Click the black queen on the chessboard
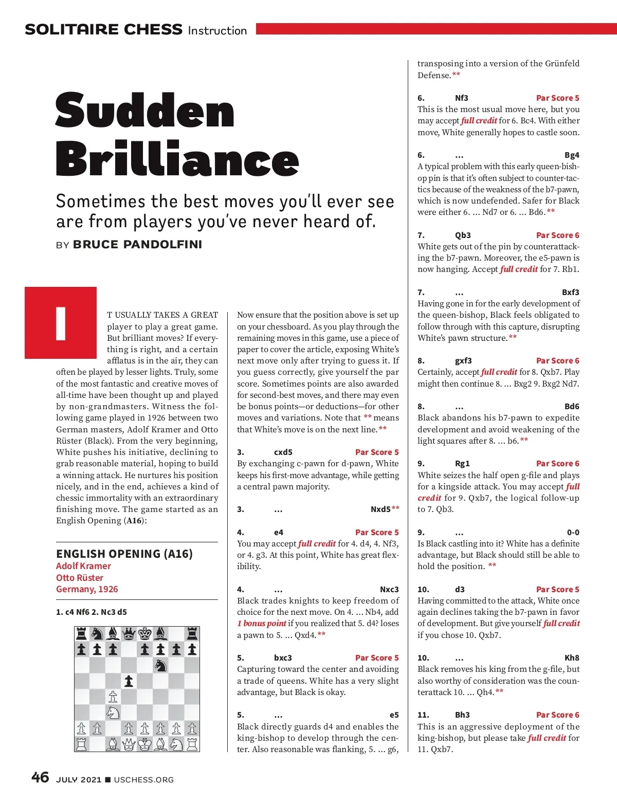point(129,633)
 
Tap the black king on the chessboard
point(144,633)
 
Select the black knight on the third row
point(160,665)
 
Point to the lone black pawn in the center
point(129,681)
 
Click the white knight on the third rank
point(113,712)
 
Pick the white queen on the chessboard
point(129,744)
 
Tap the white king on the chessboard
point(144,744)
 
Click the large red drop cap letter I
point(61,323)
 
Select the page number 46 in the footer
point(40,777)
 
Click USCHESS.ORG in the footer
point(144,779)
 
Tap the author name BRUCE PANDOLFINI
point(137,244)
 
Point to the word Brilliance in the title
point(177,158)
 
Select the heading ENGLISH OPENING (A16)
point(124,554)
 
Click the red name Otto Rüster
point(80,577)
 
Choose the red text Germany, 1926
point(87,589)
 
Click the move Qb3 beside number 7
point(463,235)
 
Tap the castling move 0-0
point(573,533)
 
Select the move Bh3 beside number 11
point(462,715)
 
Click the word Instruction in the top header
point(217,30)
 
